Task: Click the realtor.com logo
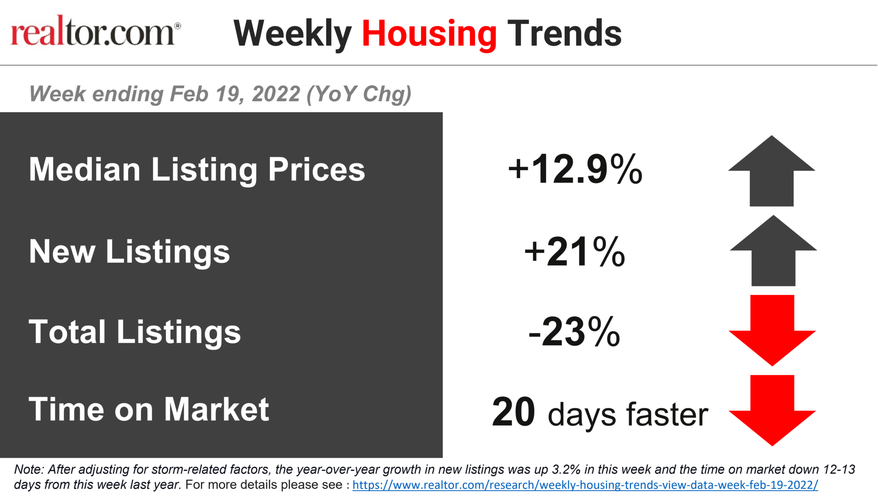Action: click(x=96, y=30)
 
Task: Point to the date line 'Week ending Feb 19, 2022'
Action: click(x=165, y=94)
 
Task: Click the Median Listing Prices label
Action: click(x=197, y=169)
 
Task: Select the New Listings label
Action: click(x=129, y=251)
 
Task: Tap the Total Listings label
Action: click(x=135, y=332)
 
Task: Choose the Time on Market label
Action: click(x=149, y=410)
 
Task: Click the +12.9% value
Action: click(x=575, y=169)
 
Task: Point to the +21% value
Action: click(x=575, y=251)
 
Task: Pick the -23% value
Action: click(x=574, y=332)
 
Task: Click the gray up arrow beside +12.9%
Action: click(x=772, y=171)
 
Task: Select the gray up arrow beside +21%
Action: click(x=773, y=251)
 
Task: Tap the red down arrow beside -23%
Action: click(x=772, y=330)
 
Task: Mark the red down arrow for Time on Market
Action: click(x=772, y=410)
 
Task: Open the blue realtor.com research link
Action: click(x=585, y=485)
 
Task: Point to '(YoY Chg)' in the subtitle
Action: click(x=359, y=94)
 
